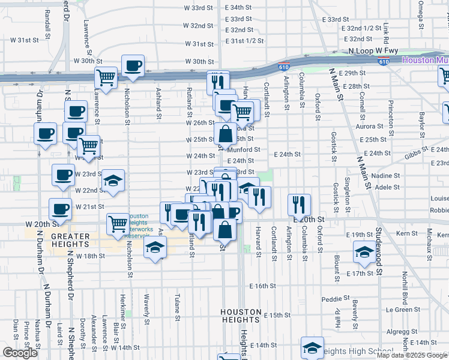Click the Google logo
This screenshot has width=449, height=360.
point(20,353)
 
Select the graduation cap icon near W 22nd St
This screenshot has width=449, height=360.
point(112,181)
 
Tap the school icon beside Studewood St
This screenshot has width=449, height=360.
point(364,253)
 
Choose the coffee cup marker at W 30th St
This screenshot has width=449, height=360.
point(133,65)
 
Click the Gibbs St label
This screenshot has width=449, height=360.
point(415,155)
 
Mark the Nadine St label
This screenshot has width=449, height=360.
point(388,176)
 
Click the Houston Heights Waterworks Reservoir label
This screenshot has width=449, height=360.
point(139,226)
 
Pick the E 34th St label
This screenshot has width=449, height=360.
point(238,7)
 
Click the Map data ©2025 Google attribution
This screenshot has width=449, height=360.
point(411,355)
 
